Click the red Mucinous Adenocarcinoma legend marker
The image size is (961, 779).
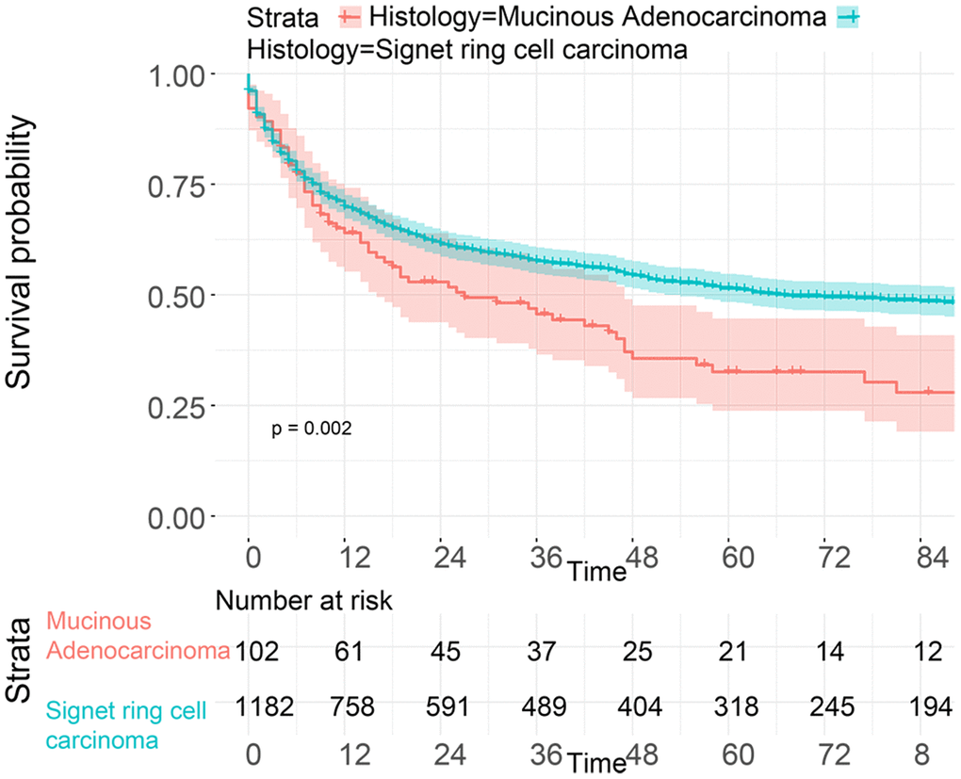[350, 16]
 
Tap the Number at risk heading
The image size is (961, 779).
[303, 600]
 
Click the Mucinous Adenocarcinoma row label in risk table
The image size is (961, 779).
[138, 636]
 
